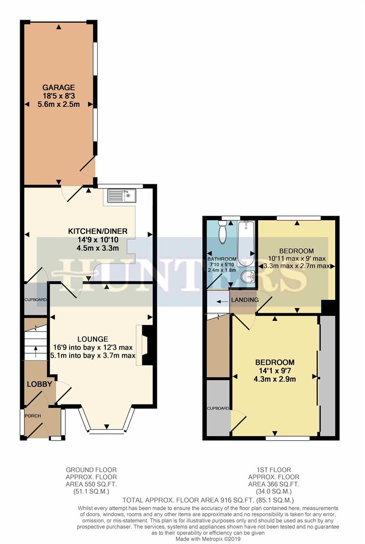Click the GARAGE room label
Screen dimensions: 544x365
(58, 87)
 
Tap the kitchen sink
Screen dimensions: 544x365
(121, 195)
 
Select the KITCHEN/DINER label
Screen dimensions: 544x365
(98, 231)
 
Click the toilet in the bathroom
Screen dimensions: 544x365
(223, 233)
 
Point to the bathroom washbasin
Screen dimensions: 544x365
(247, 277)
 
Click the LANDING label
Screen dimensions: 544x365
(245, 300)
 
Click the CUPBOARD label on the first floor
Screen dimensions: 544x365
(218, 409)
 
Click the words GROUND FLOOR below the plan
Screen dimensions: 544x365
(91, 470)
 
